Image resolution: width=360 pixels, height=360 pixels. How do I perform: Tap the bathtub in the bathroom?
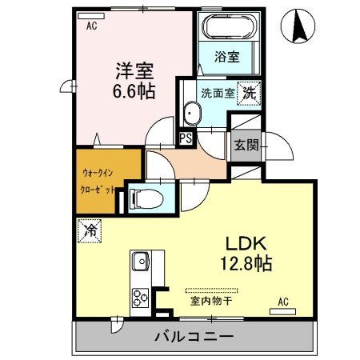click(x=227, y=30)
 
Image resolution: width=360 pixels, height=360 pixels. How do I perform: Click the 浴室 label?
click(x=228, y=58)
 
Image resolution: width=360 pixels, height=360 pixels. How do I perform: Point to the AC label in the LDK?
click(x=282, y=301)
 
